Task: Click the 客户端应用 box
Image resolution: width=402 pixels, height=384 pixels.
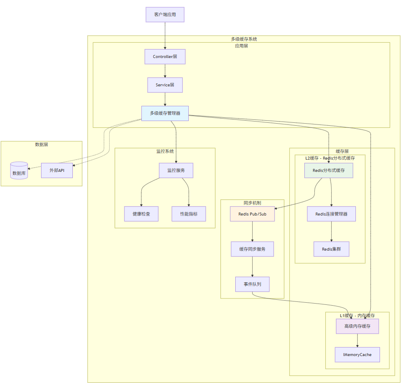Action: (165, 14)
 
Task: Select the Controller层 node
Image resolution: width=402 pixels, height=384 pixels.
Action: (165, 57)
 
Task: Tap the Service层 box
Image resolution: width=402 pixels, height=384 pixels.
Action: (165, 85)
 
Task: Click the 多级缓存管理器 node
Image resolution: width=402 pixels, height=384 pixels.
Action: (165, 113)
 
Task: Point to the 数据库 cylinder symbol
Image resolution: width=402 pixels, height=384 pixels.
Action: (19, 171)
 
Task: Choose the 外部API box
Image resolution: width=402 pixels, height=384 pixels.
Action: (57, 171)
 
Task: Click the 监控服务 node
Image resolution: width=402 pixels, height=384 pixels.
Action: (176, 170)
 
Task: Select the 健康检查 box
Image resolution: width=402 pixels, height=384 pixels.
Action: (141, 214)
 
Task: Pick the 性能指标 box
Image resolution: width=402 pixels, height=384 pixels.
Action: (189, 214)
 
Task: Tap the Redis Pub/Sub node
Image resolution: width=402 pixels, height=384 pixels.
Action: (253, 214)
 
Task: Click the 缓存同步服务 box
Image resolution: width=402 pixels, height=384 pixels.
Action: (253, 249)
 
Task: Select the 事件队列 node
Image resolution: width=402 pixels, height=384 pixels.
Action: (253, 284)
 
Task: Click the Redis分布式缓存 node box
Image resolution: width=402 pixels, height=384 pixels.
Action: (329, 170)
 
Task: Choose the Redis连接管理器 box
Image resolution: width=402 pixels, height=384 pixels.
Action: (331, 214)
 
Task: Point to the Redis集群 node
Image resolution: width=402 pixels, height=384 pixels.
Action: (331, 249)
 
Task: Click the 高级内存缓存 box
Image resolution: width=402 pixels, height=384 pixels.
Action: (358, 326)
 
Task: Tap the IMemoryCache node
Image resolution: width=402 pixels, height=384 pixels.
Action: (358, 354)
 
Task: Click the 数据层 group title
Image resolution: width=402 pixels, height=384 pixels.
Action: (41, 145)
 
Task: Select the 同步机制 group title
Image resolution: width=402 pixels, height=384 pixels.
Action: (252, 203)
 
